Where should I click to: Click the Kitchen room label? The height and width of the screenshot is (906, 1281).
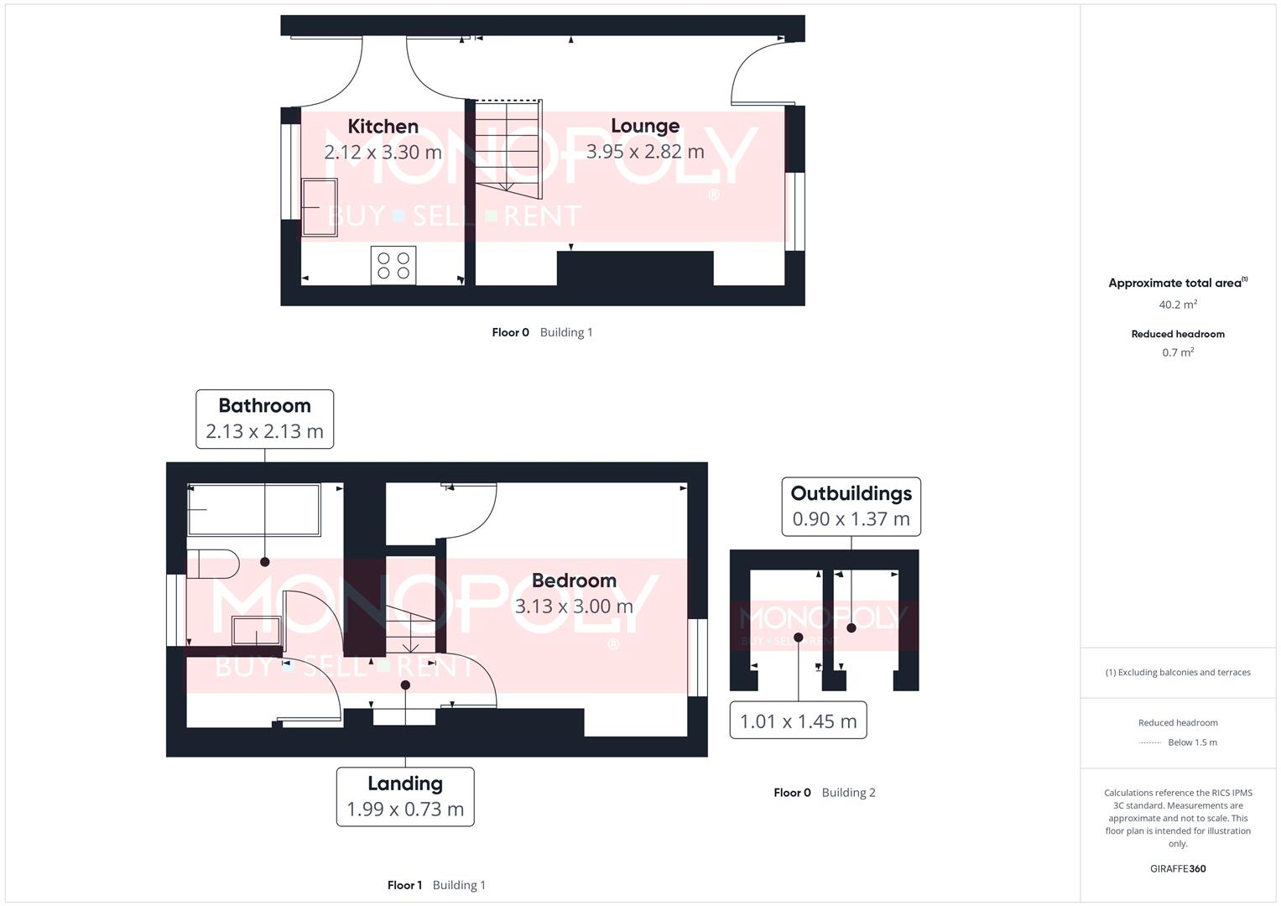pyautogui.click(x=383, y=127)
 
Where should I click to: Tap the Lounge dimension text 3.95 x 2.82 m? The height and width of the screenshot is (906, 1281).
pyautogui.click(x=644, y=152)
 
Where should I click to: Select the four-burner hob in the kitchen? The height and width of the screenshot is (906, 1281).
pyautogui.click(x=393, y=266)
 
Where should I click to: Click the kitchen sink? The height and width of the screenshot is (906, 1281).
pyautogui.click(x=319, y=207)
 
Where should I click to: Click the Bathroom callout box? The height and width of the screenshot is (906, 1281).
pyautogui.click(x=264, y=419)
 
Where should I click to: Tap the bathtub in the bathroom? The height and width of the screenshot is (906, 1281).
pyautogui.click(x=254, y=509)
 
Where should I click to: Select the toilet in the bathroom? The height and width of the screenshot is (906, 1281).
pyautogui.click(x=211, y=564)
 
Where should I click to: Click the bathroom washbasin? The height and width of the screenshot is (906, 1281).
pyautogui.click(x=256, y=631)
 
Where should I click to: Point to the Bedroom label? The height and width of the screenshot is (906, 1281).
pyautogui.click(x=574, y=581)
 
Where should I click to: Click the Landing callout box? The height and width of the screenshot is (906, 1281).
pyautogui.click(x=405, y=796)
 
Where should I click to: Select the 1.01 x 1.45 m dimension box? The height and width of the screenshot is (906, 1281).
pyautogui.click(x=798, y=721)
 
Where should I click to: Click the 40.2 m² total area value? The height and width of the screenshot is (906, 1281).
pyautogui.click(x=1178, y=305)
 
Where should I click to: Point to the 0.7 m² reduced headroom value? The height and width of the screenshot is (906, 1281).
pyautogui.click(x=1178, y=353)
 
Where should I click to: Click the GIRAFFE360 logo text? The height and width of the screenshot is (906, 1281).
pyautogui.click(x=1178, y=869)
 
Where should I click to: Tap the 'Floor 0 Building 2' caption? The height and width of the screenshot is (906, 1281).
pyautogui.click(x=824, y=793)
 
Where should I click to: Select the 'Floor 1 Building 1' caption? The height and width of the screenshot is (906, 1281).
pyautogui.click(x=436, y=885)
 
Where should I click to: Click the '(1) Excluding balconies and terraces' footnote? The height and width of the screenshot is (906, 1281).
pyautogui.click(x=1178, y=673)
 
